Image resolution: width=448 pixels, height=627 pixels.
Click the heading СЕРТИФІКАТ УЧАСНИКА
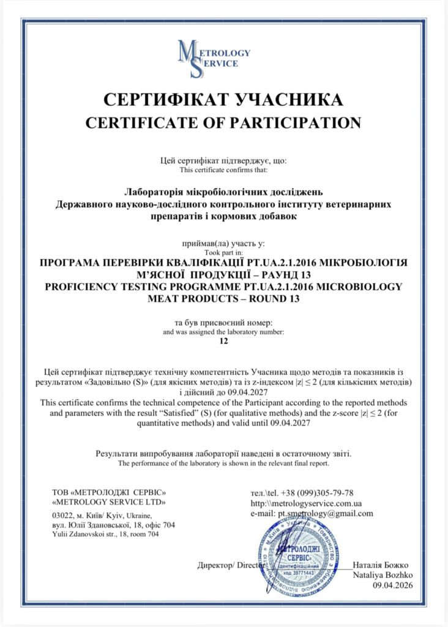pyautogui.click(x=223, y=99)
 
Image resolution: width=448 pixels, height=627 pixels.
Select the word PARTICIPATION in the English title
pyautogui.click(x=296, y=122)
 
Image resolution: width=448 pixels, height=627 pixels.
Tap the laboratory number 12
pyautogui.click(x=223, y=342)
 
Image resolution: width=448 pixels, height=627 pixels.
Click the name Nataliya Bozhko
pyautogui.click(x=383, y=576)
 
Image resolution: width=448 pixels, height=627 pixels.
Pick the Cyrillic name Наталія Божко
pyautogui.click(x=381, y=565)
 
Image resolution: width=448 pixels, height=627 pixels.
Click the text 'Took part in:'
pyautogui.click(x=223, y=252)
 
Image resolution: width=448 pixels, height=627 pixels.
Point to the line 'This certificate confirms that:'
pyautogui.click(x=223, y=170)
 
